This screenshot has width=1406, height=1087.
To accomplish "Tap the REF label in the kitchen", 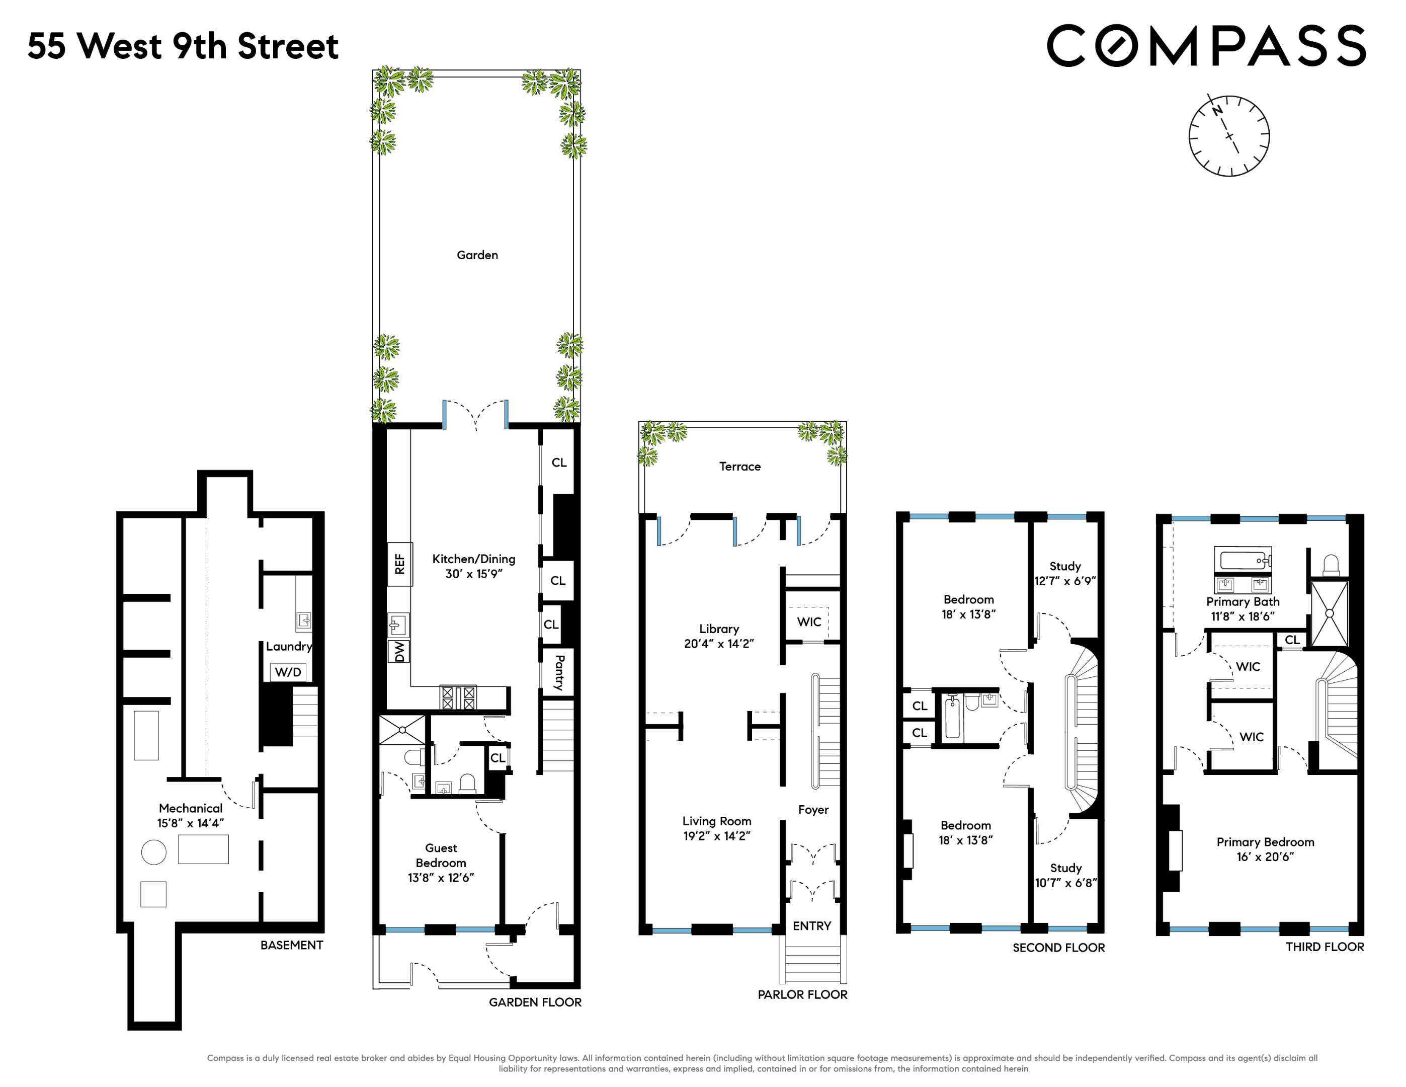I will (400, 564).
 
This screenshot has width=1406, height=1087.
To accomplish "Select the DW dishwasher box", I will (399, 651).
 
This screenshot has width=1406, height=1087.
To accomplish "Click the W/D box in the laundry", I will (288, 672).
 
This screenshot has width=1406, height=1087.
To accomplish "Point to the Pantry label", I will (559, 672).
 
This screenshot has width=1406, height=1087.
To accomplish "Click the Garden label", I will (477, 255).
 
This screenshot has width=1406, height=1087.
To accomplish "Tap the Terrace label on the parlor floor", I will (739, 466).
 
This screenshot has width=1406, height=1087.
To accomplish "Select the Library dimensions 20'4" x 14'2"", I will (718, 643).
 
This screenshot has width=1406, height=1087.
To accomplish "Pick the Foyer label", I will (813, 809).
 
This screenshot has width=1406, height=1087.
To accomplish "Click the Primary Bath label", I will (1243, 601).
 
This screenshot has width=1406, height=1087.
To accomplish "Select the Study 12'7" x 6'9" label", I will (1065, 573).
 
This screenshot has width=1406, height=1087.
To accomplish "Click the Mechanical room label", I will (191, 808).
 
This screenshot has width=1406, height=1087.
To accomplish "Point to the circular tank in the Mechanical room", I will (154, 852).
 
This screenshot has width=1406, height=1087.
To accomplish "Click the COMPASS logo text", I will (1206, 46).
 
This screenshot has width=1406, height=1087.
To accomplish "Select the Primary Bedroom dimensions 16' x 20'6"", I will (1265, 857).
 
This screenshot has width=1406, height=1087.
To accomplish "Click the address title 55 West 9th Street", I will (183, 46).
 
